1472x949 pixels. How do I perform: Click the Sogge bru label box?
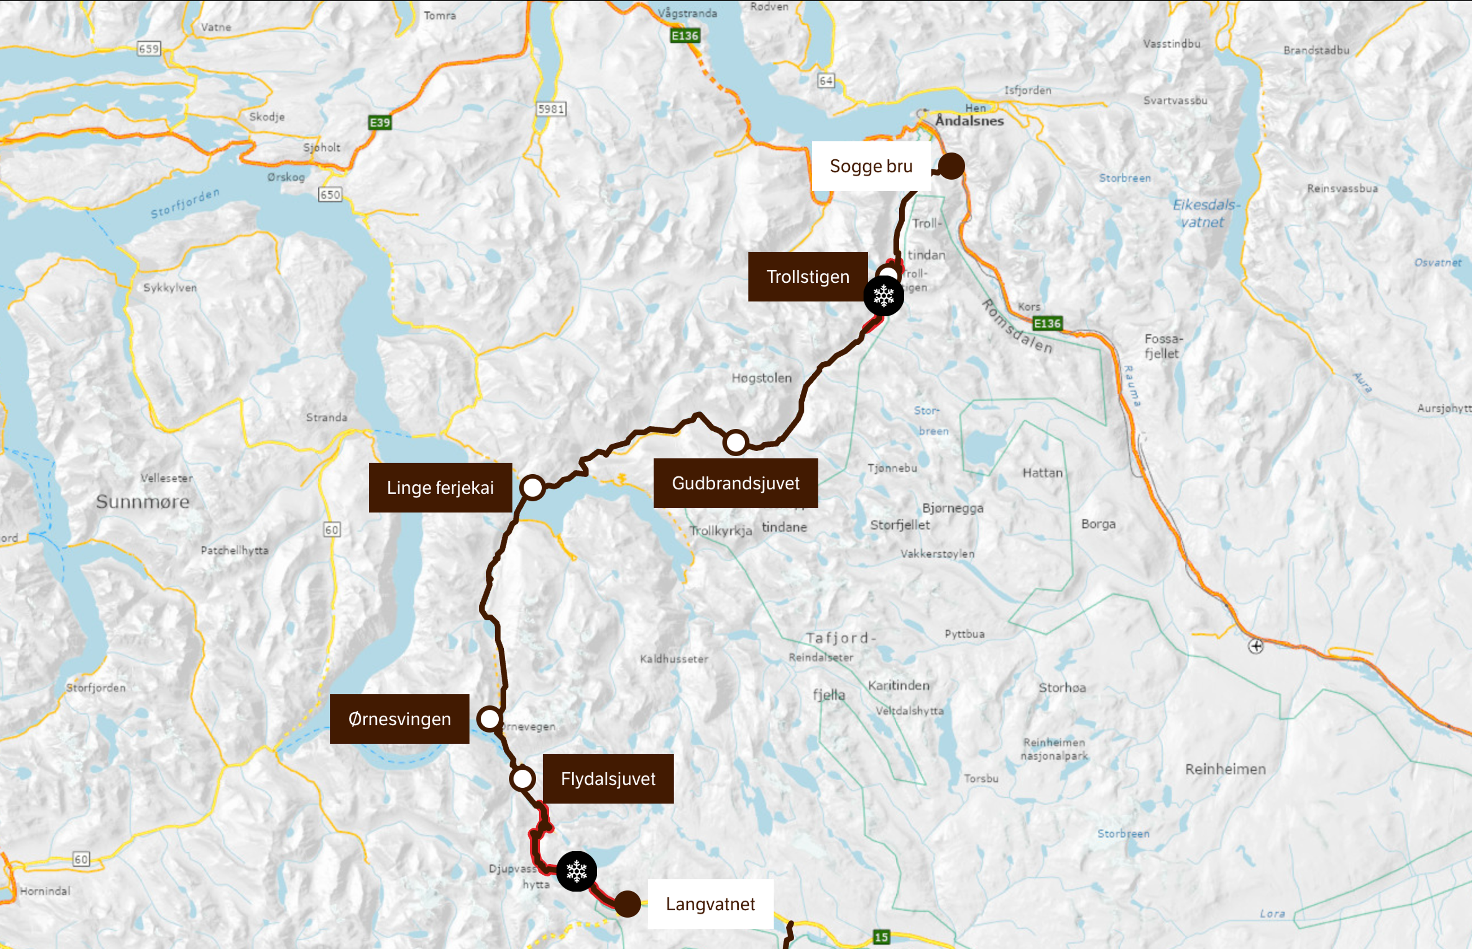[871, 166]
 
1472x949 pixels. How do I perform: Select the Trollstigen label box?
[808, 277]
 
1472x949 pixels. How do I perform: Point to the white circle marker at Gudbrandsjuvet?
[735, 442]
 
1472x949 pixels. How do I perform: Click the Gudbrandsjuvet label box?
[735, 483]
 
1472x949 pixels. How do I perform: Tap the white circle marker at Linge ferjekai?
[532, 487]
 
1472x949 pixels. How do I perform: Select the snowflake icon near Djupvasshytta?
[577, 871]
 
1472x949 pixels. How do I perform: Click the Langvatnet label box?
[710, 904]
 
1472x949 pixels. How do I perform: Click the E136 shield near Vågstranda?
[685, 36]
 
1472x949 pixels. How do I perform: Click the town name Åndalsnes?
[969, 121]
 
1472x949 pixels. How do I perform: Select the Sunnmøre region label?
[142, 502]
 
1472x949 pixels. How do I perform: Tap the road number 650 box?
[330, 195]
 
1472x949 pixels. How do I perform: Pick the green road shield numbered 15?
[881, 937]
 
